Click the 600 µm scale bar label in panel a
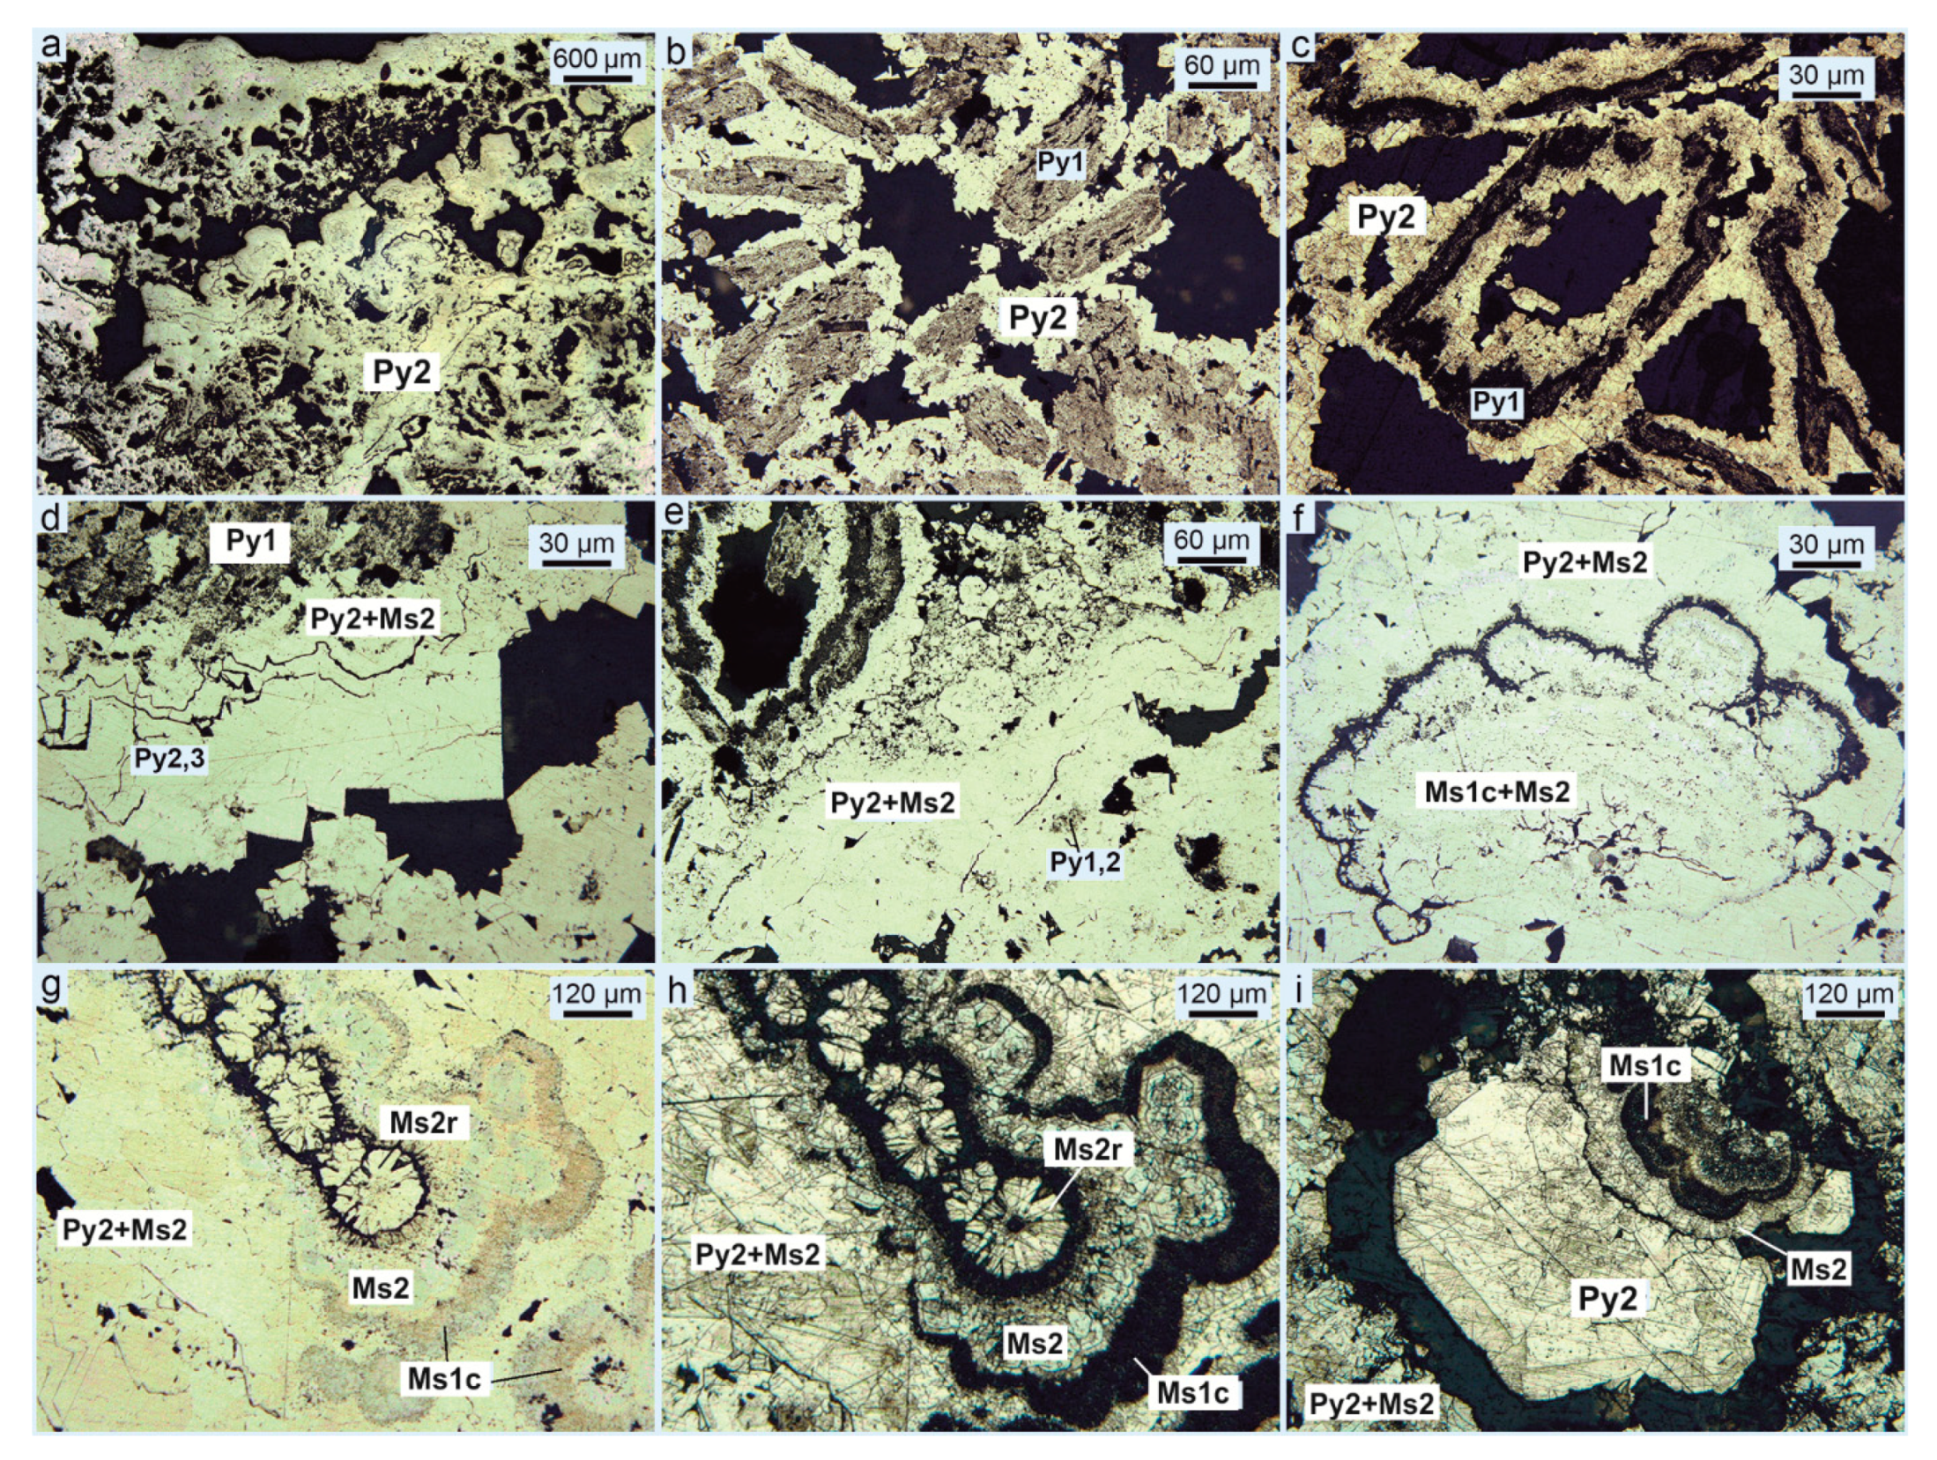[x=597, y=59]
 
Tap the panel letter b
[x=677, y=49]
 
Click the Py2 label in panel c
[x=1385, y=216]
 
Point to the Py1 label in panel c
[x=1496, y=403]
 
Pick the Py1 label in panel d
[x=251, y=541]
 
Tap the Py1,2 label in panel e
[x=1085, y=862]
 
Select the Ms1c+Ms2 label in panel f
[x=1497, y=791]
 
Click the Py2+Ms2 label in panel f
[x=1584, y=561]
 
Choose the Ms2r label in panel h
[x=1087, y=1150]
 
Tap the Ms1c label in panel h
[x=1192, y=1393]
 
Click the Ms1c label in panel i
[x=1644, y=1065]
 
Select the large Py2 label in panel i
[x=1608, y=1299]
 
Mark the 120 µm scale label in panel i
[x=1847, y=994]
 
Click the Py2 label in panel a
[x=402, y=372]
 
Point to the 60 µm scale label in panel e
[x=1211, y=540]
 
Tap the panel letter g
[x=51, y=985]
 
